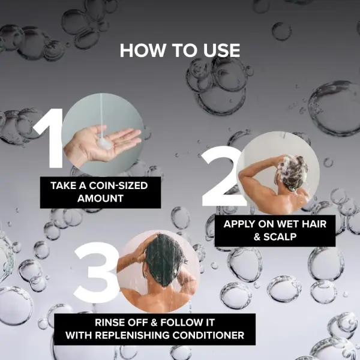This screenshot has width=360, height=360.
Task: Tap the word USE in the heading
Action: (x=221, y=50)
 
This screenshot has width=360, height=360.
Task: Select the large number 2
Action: (x=221, y=176)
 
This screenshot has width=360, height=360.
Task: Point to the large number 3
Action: (x=96, y=273)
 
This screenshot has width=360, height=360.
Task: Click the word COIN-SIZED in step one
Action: (x=118, y=185)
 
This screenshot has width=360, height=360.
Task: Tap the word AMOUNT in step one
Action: (x=100, y=199)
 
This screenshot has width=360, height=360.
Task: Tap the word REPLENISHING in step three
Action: (x=133, y=335)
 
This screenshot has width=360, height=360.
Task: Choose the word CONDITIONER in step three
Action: (x=208, y=335)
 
